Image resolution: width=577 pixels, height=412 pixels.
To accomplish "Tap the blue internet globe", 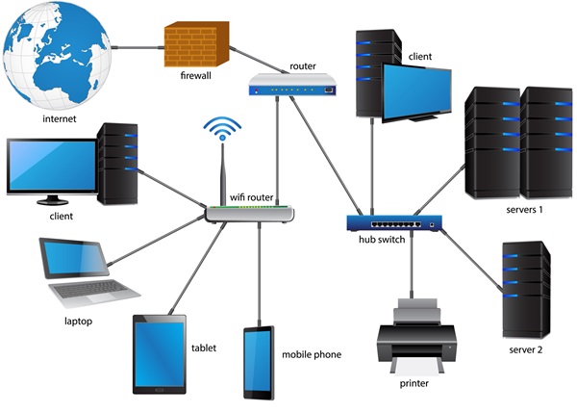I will click(x=57, y=54).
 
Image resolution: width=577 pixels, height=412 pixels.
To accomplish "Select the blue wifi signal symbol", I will click(x=222, y=127).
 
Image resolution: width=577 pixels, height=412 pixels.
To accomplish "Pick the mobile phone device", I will click(x=258, y=363).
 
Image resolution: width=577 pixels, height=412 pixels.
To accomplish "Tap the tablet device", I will click(x=160, y=354).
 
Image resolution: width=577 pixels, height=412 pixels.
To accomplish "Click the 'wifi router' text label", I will click(x=252, y=196).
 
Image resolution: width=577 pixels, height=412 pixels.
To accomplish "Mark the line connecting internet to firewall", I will click(x=135, y=43).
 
